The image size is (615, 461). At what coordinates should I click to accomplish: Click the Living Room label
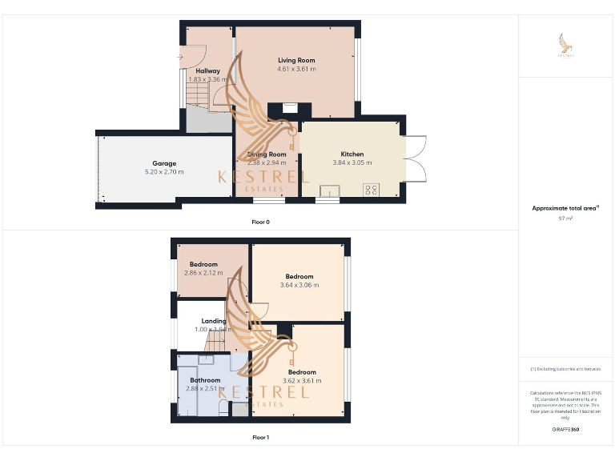[x=296, y=60]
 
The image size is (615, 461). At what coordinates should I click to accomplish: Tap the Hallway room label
[x=207, y=70]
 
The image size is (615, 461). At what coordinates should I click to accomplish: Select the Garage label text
[x=164, y=163]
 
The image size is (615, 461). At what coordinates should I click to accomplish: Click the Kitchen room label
[x=352, y=154]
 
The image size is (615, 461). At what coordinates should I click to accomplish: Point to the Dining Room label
[x=267, y=154]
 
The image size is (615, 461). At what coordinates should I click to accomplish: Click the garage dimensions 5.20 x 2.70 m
[x=164, y=172]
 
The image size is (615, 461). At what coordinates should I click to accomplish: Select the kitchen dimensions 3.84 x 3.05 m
[x=352, y=162]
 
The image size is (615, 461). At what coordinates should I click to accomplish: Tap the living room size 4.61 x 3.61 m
[x=296, y=69]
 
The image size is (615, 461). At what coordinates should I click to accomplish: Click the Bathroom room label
[x=204, y=380]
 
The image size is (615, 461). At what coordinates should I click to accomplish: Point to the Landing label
[x=214, y=321]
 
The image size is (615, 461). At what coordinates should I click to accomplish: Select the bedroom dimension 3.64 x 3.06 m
[x=299, y=285]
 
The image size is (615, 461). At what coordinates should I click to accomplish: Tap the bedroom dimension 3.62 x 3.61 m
[x=302, y=381]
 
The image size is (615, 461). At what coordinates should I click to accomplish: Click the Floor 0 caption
[x=260, y=222]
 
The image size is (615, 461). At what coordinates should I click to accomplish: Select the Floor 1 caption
[x=260, y=438]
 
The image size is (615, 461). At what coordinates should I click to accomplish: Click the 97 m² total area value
[x=565, y=218]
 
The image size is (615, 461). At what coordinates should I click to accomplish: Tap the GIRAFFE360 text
[x=565, y=430]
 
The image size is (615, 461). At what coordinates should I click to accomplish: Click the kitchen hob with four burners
[x=372, y=189]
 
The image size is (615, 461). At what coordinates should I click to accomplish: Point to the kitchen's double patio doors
[x=415, y=158]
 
